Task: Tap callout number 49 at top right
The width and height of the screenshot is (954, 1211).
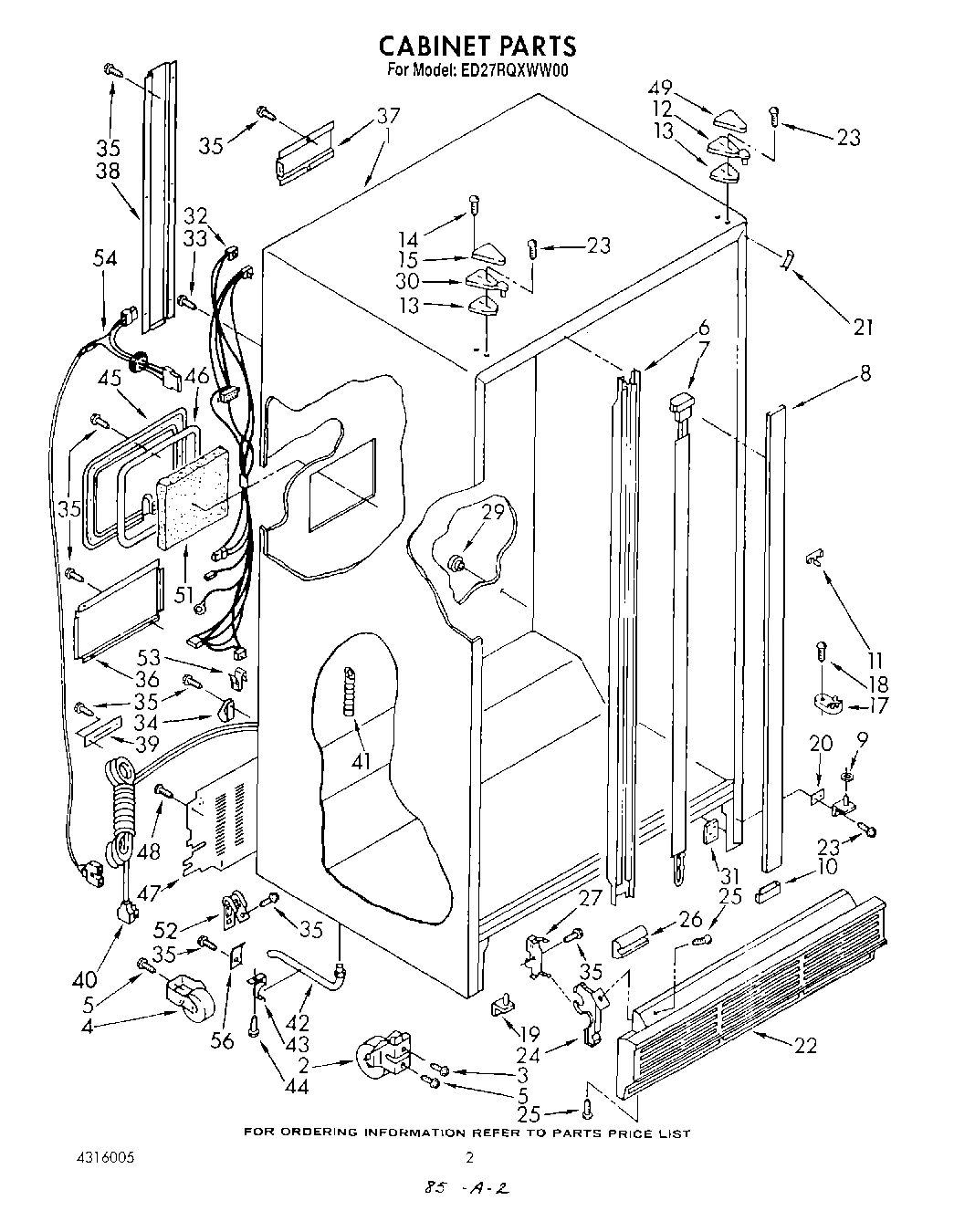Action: click(660, 89)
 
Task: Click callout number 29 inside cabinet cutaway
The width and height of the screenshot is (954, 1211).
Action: click(493, 513)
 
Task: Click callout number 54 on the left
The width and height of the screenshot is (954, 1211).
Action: click(106, 258)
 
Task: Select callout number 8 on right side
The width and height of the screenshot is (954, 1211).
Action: click(865, 373)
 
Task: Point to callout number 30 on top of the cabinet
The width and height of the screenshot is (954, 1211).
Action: click(407, 282)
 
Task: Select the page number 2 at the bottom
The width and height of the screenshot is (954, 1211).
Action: click(470, 1158)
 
